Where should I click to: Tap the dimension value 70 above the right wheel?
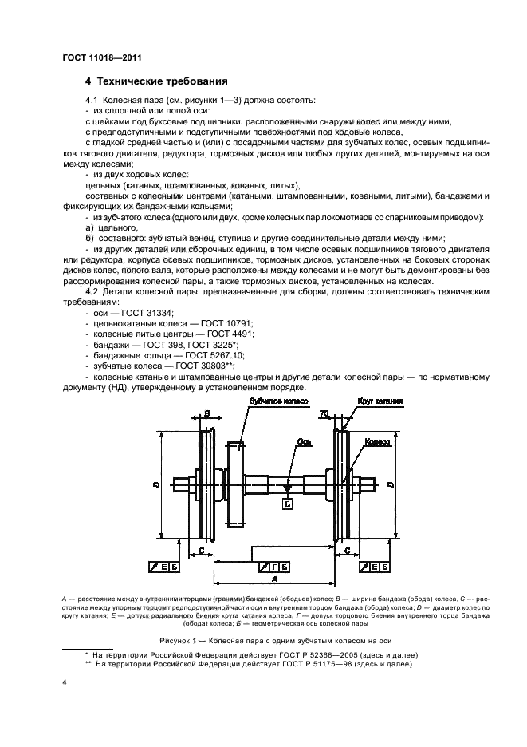(x=324, y=414)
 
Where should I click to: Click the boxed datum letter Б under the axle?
(x=288, y=504)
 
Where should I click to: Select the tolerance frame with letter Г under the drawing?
(x=274, y=567)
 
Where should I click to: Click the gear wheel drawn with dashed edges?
(x=235, y=484)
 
